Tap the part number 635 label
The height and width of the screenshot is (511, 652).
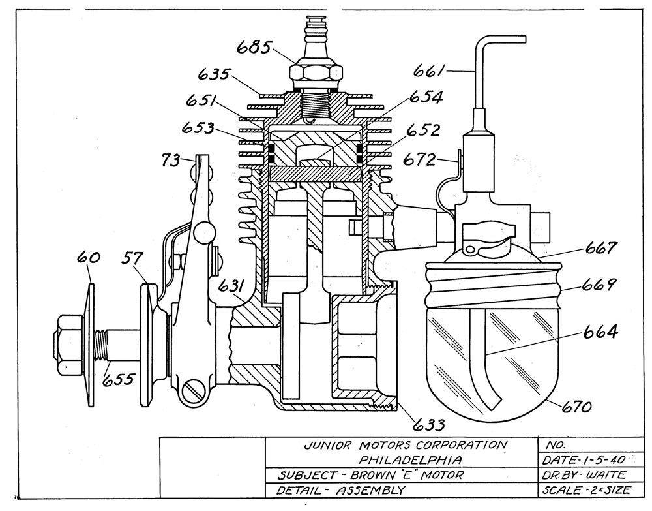[213, 74]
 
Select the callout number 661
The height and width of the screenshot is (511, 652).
[429, 71]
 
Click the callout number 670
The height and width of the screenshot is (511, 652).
[576, 406]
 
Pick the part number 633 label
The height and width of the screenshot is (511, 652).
[429, 425]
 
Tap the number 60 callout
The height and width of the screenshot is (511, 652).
[88, 258]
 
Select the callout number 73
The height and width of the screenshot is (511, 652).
[171, 160]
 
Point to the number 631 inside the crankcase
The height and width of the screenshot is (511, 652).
[232, 286]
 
